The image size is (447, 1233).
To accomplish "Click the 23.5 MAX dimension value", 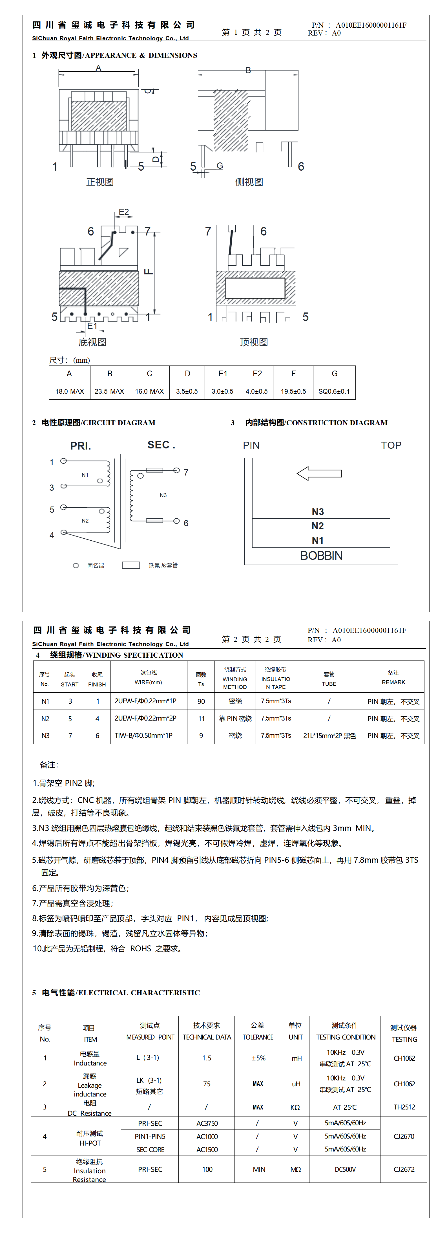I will pos(109,391).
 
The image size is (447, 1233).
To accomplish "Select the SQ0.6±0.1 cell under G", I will pos(334,391).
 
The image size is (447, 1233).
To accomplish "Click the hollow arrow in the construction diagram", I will pos(319,474).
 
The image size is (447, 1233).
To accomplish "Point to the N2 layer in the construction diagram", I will pos(318,526).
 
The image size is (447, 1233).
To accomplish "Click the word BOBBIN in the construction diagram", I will pos(321,556).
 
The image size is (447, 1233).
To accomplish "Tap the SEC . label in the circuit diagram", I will pos(161,445).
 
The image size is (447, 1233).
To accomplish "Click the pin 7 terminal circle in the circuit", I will pos(177,470).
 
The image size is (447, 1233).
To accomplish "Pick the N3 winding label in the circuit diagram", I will pos(163,496).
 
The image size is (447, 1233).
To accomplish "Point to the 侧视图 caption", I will pos(249,182).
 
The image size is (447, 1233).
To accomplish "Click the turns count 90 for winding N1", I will pos(201,701).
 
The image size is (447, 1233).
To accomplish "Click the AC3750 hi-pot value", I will pos(207,1123).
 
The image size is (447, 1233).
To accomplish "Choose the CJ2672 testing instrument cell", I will pos(404,1169).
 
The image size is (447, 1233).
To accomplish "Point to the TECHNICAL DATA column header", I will pos(207,1037).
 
